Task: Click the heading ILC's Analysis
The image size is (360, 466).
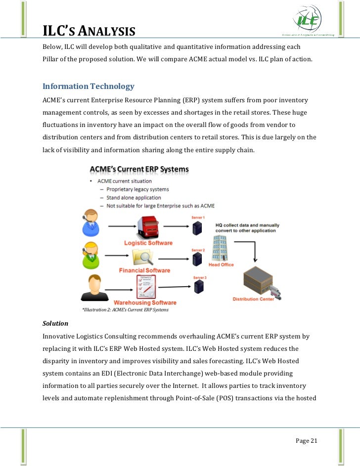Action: point(89,32)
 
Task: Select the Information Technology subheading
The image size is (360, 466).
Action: point(88,86)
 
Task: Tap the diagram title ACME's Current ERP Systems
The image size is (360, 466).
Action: point(139,169)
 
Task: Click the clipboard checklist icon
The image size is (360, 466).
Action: point(145,286)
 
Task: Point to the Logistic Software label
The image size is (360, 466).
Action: point(148,243)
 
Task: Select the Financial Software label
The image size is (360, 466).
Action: point(144,270)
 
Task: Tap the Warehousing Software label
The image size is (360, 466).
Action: point(145,302)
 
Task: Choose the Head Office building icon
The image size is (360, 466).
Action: point(220,248)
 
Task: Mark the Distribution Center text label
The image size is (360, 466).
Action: point(267,299)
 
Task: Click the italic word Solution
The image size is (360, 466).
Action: point(55,323)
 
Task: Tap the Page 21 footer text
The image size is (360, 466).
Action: point(306,441)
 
